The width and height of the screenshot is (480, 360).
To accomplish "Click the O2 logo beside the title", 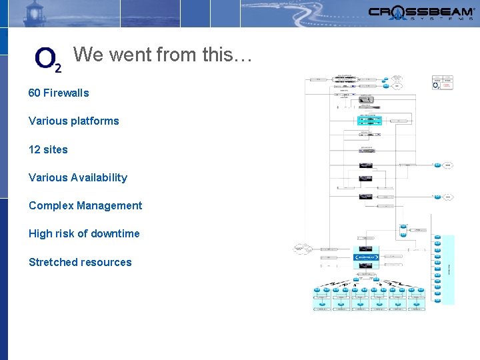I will (x=48, y=59).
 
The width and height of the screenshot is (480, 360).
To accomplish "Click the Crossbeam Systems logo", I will (x=421, y=13).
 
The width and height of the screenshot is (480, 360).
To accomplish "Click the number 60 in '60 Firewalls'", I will (x=34, y=93).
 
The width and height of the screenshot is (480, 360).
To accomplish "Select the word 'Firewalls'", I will (x=66, y=93).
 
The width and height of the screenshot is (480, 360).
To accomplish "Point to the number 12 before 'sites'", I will (x=34, y=149).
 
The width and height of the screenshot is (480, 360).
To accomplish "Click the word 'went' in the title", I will (x=129, y=55).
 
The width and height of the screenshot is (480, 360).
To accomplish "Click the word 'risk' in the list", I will (x=65, y=233).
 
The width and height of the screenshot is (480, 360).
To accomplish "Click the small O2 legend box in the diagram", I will (x=442, y=83).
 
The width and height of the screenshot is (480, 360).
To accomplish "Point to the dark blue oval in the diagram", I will (x=366, y=257).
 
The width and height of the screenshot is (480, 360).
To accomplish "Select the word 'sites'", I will (x=56, y=149).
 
